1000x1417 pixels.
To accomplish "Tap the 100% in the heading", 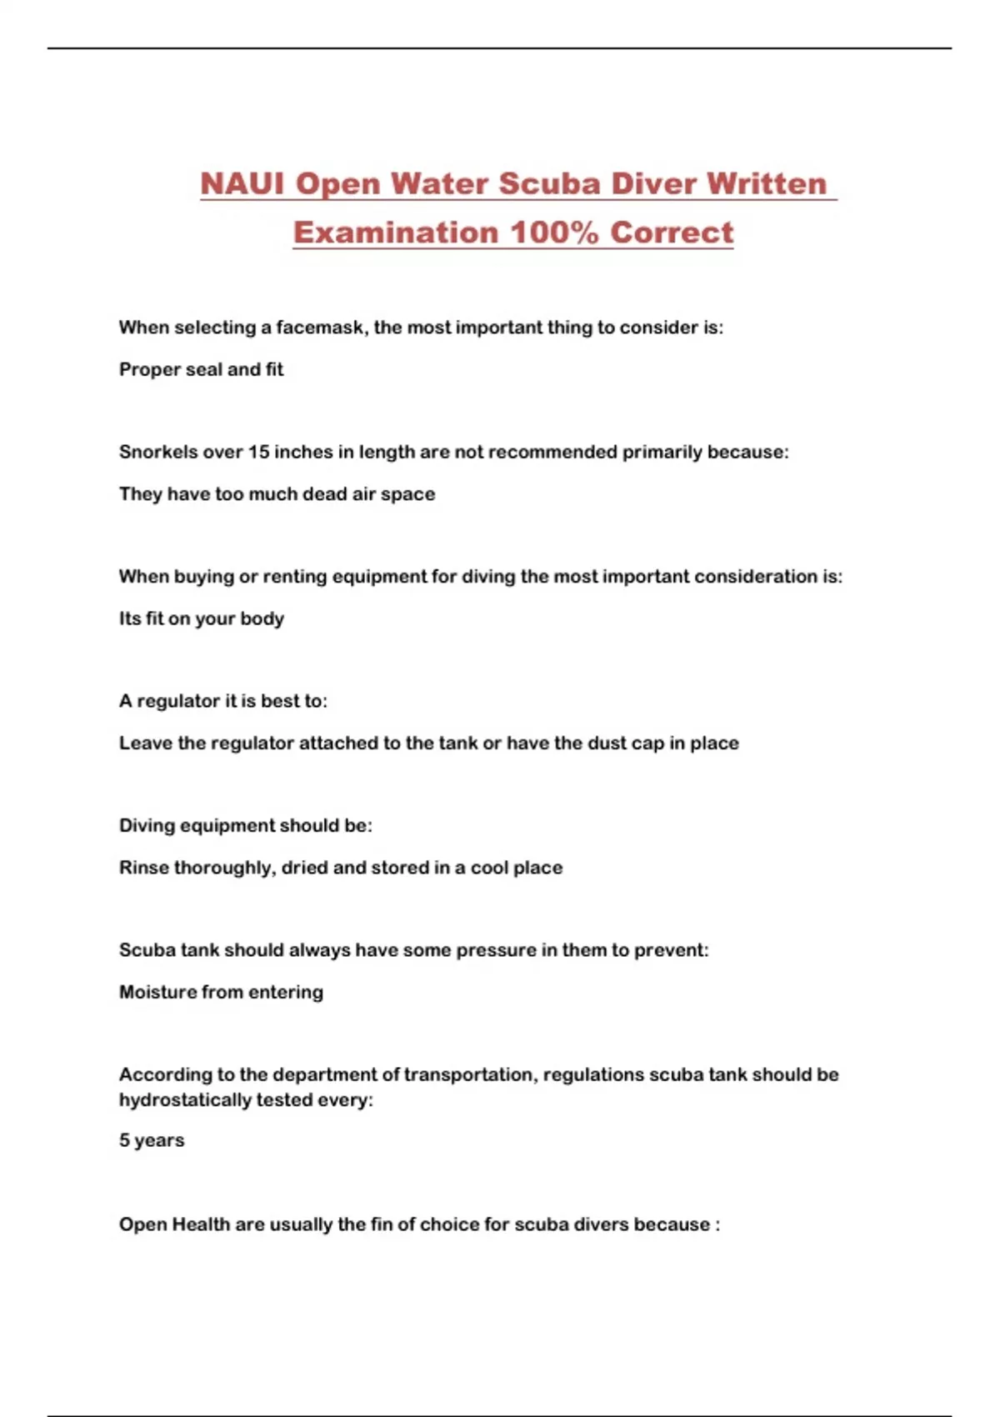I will point(553,232).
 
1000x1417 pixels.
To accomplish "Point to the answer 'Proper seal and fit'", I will point(201,369).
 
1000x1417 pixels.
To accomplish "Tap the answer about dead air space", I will point(277,493).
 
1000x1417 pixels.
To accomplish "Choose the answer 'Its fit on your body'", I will point(201,618).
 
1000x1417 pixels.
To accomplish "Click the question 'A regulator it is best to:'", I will point(222,701).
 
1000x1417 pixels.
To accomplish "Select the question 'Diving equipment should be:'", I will point(245,825).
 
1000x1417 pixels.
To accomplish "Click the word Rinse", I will point(143,868).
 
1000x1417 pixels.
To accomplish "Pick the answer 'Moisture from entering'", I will point(221,992).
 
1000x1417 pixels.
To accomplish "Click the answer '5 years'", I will point(151,1140).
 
